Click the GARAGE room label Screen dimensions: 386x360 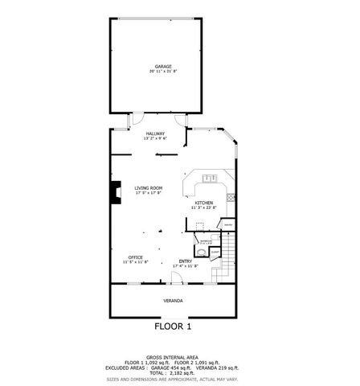164,66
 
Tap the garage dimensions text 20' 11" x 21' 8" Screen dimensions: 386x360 164,72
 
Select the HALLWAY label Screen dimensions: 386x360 154,133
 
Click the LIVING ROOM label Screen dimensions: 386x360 148,187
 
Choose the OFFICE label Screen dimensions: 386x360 135,257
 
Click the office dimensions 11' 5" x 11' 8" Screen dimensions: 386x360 135,262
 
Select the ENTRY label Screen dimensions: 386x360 186,261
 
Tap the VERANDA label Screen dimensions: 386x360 173,301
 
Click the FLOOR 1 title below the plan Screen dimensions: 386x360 173,327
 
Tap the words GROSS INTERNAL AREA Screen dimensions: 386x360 173,356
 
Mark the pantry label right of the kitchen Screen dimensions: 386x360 227,224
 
